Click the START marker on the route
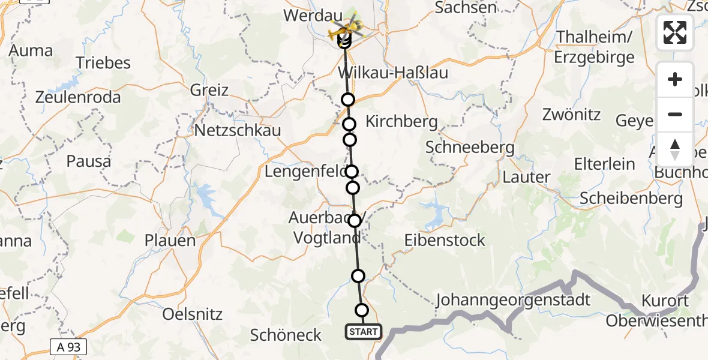[363, 331]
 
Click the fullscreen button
[675, 32]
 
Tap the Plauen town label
[170, 241]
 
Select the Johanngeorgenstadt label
[514, 299]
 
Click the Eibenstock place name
[445, 241]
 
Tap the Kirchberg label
[401, 121]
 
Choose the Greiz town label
[209, 91]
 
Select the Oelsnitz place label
[193, 314]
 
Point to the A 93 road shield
[68, 346]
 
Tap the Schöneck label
[286, 335]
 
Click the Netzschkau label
[238, 130]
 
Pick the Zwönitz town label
[571, 114]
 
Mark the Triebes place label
[103, 63]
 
